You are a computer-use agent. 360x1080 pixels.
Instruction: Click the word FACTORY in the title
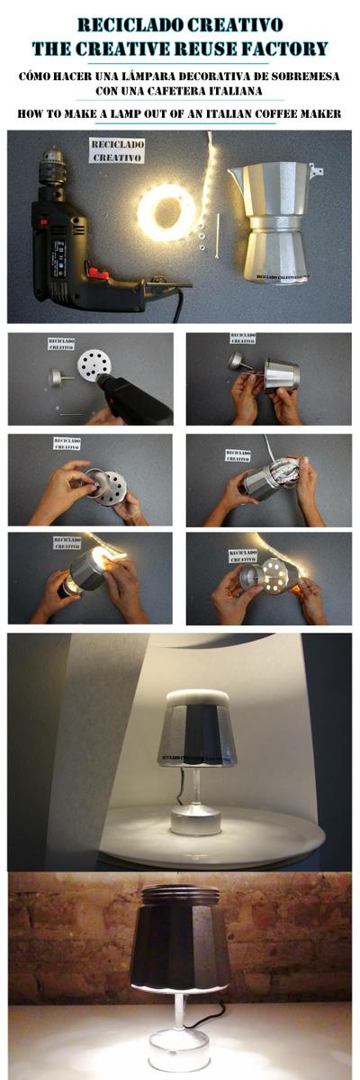point(286,48)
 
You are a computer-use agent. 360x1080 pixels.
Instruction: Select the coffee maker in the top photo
point(274,220)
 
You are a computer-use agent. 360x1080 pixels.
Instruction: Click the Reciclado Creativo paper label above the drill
point(117,150)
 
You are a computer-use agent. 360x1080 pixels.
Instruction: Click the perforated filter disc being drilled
point(93,364)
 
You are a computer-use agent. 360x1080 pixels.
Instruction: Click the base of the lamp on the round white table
point(195,821)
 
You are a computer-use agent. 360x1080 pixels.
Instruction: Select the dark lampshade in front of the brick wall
point(179,936)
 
